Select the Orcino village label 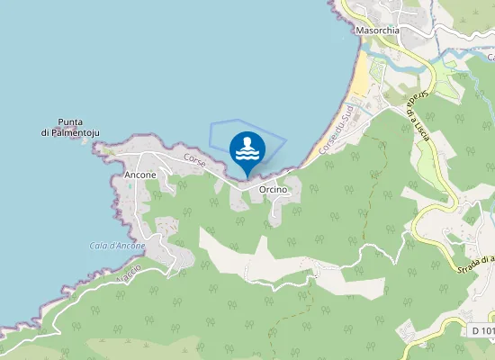point(272,190)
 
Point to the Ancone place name point(140,174)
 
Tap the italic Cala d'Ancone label point(117,246)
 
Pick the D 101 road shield point(482,331)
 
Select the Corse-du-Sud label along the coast point(336,127)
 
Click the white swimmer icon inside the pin point(247,147)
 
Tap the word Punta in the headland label point(70,121)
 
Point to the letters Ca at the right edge point(490,57)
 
